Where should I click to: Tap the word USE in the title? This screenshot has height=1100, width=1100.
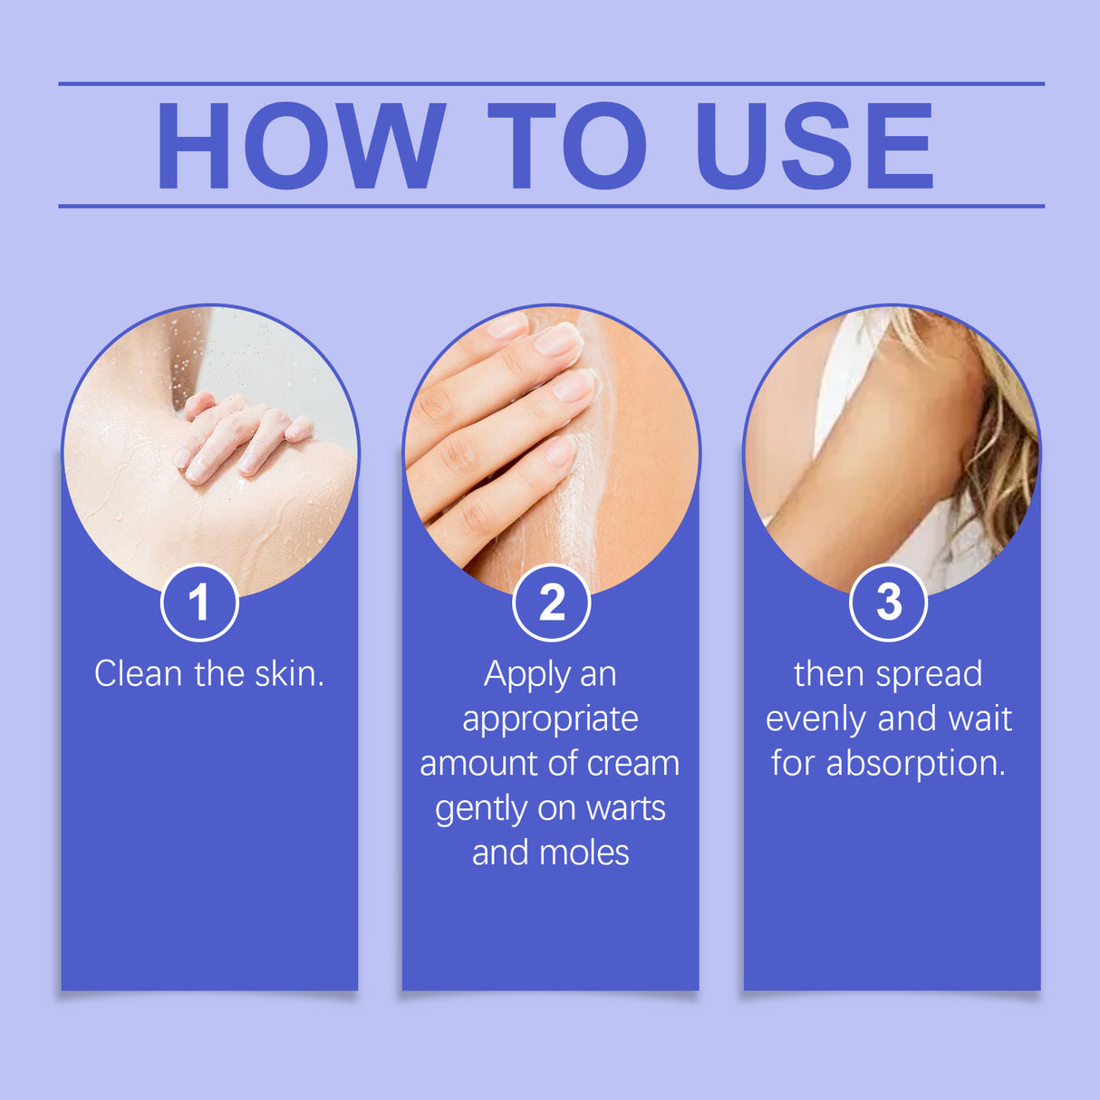click(x=815, y=146)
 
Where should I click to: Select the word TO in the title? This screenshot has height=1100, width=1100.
click(x=567, y=146)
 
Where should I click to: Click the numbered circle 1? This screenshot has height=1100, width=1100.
click(x=199, y=603)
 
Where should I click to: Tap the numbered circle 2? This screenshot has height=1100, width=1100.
click(x=551, y=603)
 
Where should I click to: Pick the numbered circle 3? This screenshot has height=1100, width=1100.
click(x=888, y=603)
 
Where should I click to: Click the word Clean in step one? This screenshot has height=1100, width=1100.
click(x=139, y=674)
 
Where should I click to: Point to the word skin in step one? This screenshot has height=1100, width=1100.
click(x=288, y=674)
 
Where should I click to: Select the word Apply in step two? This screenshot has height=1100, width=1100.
click(x=526, y=676)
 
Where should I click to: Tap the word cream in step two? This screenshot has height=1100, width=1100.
click(x=632, y=764)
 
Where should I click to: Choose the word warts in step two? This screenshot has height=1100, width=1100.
click(x=626, y=808)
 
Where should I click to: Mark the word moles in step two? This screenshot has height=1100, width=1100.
click(x=584, y=853)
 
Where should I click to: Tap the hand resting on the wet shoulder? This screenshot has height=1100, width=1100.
click(x=240, y=436)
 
